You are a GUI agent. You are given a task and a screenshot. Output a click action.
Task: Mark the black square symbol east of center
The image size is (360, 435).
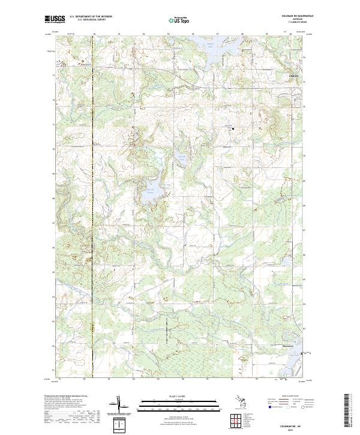[x=233, y=128]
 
